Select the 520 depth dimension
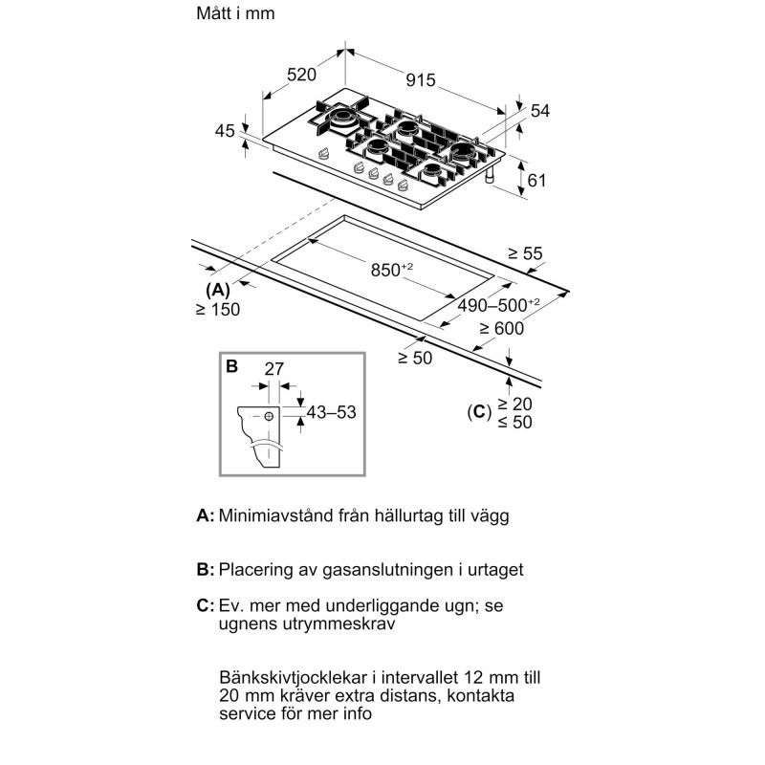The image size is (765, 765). (x=301, y=75)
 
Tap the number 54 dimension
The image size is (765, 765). (x=540, y=112)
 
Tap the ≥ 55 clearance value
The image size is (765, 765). (x=525, y=254)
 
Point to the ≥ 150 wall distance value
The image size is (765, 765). (x=217, y=309)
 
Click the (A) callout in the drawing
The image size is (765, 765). (x=217, y=289)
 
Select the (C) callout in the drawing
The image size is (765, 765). (x=477, y=412)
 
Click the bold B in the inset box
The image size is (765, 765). (x=231, y=365)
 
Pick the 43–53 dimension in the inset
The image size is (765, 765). (x=330, y=412)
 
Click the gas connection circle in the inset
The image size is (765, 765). (x=271, y=417)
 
